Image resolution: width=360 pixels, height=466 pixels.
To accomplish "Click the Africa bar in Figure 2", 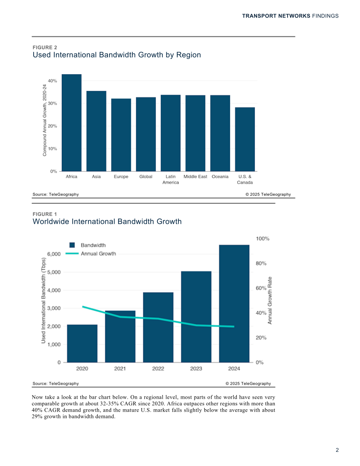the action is click(x=72, y=123).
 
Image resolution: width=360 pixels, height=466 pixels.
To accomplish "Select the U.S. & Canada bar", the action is click(x=245, y=139).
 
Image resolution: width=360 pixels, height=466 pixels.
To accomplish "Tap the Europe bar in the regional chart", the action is click(x=121, y=135).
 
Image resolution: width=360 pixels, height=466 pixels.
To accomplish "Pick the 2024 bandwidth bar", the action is click(x=234, y=304).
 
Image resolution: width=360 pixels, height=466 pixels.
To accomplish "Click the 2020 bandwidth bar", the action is click(x=82, y=344).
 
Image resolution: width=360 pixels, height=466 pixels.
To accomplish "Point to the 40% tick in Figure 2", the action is click(x=52, y=81).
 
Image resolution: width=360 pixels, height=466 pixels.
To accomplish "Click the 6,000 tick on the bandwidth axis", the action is click(x=54, y=254).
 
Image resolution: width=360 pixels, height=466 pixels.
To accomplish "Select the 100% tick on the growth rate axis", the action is click(x=263, y=239).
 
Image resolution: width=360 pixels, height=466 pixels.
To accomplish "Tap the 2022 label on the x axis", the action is click(x=158, y=369).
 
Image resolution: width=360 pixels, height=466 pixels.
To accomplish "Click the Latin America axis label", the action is click(x=171, y=180).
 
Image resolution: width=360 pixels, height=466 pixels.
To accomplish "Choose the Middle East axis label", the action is click(x=195, y=176).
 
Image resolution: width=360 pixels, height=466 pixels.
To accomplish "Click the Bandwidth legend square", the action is click(x=72, y=245).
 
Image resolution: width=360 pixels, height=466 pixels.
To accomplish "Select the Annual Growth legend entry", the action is click(x=91, y=254).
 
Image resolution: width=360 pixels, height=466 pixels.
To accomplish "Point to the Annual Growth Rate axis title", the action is click(x=270, y=300).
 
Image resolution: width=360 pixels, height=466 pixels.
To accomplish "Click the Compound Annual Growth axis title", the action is click(x=45, y=120).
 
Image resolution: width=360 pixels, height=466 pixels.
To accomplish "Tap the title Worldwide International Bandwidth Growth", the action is click(x=107, y=221).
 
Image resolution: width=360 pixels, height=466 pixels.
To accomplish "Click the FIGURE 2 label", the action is click(x=45, y=48).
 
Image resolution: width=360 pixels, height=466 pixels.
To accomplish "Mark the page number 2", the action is click(x=337, y=450).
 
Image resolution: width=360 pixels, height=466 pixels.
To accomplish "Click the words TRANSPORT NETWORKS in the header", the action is click(x=276, y=16).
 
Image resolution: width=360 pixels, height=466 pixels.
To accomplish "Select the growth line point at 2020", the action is click(x=82, y=306).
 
